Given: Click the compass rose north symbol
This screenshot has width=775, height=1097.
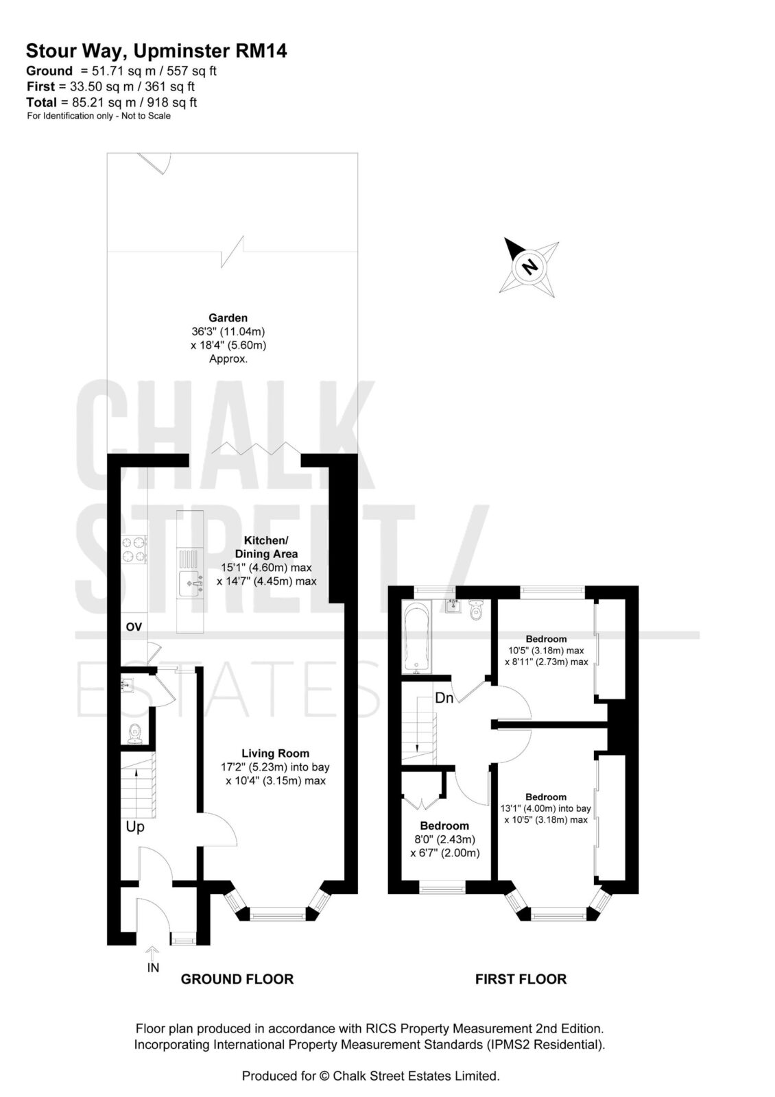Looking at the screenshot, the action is pyautogui.click(x=529, y=267).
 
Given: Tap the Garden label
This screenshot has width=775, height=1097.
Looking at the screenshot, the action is pyautogui.click(x=228, y=318).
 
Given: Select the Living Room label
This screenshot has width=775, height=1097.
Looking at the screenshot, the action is pyautogui.click(x=275, y=754).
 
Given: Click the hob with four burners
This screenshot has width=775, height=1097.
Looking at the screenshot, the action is pyautogui.click(x=134, y=549).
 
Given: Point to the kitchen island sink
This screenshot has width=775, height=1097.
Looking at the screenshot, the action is pyautogui.click(x=191, y=583).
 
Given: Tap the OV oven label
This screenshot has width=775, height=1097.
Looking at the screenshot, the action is pyautogui.click(x=134, y=627).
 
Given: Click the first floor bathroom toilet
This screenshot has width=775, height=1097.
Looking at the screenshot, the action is pyautogui.click(x=476, y=610).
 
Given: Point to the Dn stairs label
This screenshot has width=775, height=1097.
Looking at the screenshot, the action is pyautogui.click(x=444, y=698).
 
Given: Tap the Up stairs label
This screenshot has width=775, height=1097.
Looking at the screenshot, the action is pyautogui.click(x=135, y=827).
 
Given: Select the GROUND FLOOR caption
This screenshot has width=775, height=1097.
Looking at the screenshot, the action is pyautogui.click(x=237, y=979).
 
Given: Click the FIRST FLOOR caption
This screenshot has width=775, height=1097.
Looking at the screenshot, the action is pyautogui.click(x=521, y=979).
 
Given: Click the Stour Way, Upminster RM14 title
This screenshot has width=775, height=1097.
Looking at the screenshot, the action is pyautogui.click(x=156, y=51).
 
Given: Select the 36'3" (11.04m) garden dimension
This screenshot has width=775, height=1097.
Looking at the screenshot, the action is pyautogui.click(x=228, y=332).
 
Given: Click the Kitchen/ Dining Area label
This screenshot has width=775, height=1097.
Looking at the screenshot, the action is pyautogui.click(x=267, y=547).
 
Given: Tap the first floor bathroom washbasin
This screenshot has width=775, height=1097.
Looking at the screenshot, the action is pyautogui.click(x=453, y=606).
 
